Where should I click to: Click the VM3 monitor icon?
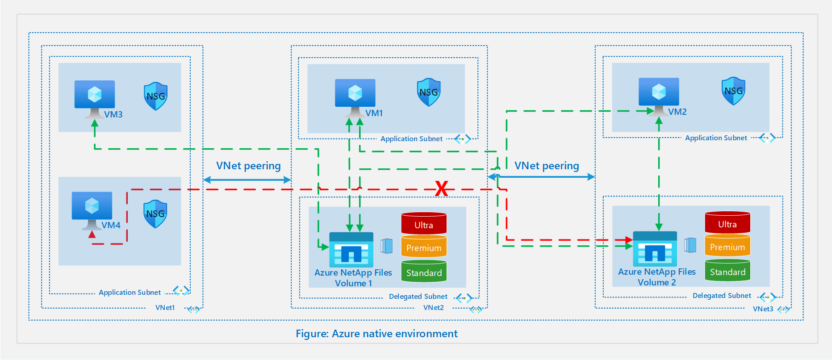[95, 95]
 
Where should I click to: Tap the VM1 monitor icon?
[355, 94]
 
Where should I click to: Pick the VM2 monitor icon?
[659, 92]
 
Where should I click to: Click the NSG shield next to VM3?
[155, 96]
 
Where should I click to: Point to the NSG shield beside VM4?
[155, 214]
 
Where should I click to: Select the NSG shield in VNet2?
[428, 92]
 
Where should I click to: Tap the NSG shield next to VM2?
[733, 91]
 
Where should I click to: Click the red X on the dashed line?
[441, 188]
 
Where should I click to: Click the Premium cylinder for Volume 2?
[727, 246]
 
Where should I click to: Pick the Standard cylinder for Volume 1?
[423, 272]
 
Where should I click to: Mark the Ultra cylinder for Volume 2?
[727, 223]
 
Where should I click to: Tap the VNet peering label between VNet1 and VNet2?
[248, 166]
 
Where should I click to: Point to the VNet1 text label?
[165, 308]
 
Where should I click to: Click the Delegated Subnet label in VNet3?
[721, 296]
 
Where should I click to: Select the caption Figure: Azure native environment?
[376, 334]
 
